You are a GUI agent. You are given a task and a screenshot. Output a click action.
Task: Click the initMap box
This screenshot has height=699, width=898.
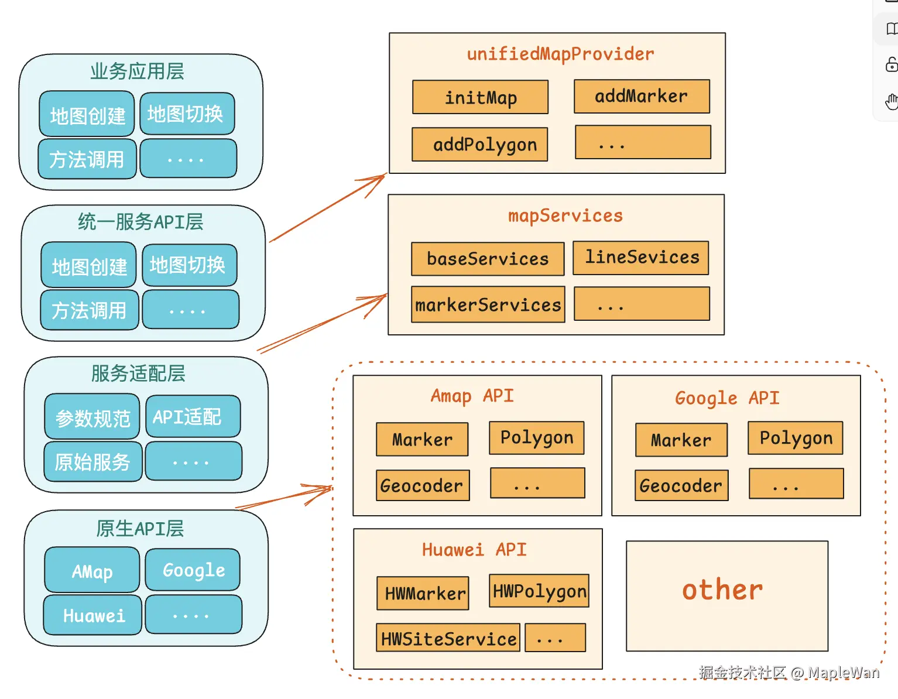pyautogui.click(x=480, y=97)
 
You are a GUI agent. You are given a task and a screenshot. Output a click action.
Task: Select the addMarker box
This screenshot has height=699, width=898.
pyautogui.click(x=642, y=97)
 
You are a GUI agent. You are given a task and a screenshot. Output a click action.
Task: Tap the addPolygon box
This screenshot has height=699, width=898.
pyautogui.click(x=479, y=145)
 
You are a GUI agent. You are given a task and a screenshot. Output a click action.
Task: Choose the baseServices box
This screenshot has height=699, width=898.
pyautogui.click(x=487, y=259)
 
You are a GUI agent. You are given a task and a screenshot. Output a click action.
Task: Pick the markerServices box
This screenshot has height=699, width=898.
pyautogui.click(x=488, y=304)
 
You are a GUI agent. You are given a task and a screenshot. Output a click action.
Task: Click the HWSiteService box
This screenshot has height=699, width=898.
pyautogui.click(x=448, y=638)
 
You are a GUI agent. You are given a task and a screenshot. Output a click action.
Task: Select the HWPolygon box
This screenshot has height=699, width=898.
pyautogui.click(x=539, y=591)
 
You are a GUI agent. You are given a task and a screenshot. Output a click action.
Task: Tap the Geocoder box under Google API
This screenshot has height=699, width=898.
pyautogui.click(x=681, y=485)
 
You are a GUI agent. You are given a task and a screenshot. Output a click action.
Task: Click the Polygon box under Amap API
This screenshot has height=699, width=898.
pyautogui.click(x=536, y=438)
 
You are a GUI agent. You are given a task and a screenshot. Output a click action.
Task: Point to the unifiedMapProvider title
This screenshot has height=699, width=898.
pyautogui.click(x=560, y=54)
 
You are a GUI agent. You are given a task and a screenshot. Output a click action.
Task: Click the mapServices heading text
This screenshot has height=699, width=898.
pyautogui.click(x=565, y=215)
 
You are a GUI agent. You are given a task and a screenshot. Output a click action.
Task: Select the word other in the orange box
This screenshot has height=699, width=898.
pyautogui.click(x=722, y=590)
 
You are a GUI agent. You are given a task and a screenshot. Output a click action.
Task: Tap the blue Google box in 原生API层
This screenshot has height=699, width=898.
pyautogui.click(x=193, y=570)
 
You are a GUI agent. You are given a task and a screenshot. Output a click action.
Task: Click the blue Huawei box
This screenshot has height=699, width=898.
pyautogui.click(x=93, y=615)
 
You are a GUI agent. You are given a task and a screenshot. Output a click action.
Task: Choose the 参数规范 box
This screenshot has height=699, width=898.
pyautogui.click(x=92, y=417)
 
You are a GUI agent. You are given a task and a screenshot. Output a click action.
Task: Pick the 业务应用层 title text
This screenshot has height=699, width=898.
pyautogui.click(x=137, y=71)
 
